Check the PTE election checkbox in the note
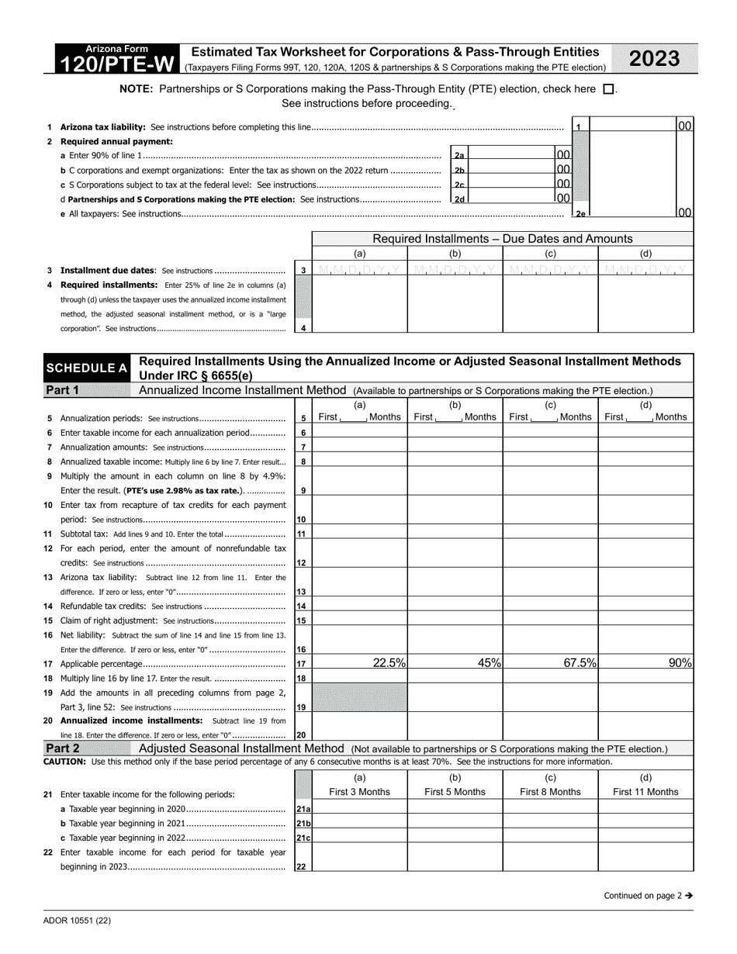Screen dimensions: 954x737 608,89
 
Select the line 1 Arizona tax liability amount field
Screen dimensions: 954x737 633,126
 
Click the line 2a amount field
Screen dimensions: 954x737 512,155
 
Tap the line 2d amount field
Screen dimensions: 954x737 512,199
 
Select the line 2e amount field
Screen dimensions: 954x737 633,213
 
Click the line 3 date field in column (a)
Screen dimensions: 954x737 360,270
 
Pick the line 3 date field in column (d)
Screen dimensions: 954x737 645,270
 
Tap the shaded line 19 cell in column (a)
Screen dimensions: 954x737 360,698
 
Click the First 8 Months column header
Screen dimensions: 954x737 550,792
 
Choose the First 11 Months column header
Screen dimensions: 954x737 645,792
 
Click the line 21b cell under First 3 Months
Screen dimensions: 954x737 360,823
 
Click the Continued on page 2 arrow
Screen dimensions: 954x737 688,896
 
